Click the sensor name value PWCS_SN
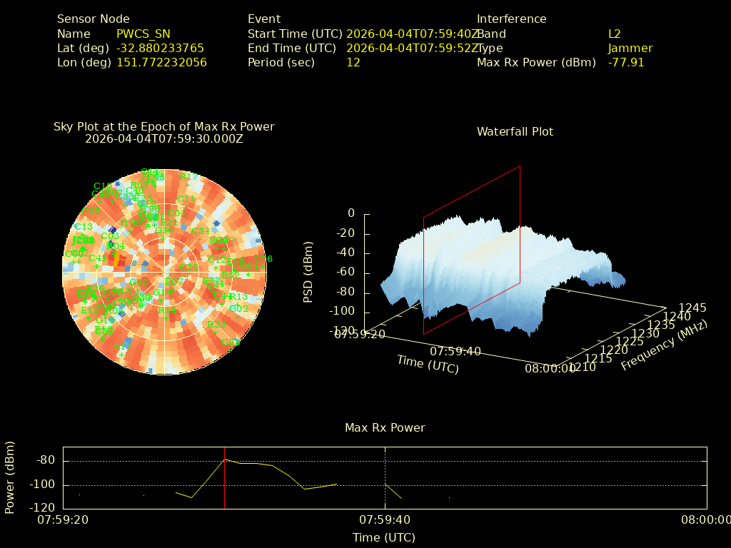pos(143,34)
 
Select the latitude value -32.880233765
pos(160,48)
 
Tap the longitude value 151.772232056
pos(161,62)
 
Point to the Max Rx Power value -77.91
pos(626,62)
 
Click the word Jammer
pos(630,48)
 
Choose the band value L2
pos(614,34)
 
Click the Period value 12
pos(353,62)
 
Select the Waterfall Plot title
pos(515,131)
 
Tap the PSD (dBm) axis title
pos(308,270)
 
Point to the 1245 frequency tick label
pos(692,308)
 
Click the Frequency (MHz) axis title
pos(664,345)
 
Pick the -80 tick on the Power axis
pos(46,461)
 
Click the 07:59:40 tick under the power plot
pos(385,519)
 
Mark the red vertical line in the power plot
pos(224,478)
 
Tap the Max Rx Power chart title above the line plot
pos(385,427)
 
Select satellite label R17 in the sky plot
pos(188,176)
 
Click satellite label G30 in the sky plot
pos(188,268)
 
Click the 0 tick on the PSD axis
pos(351,213)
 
